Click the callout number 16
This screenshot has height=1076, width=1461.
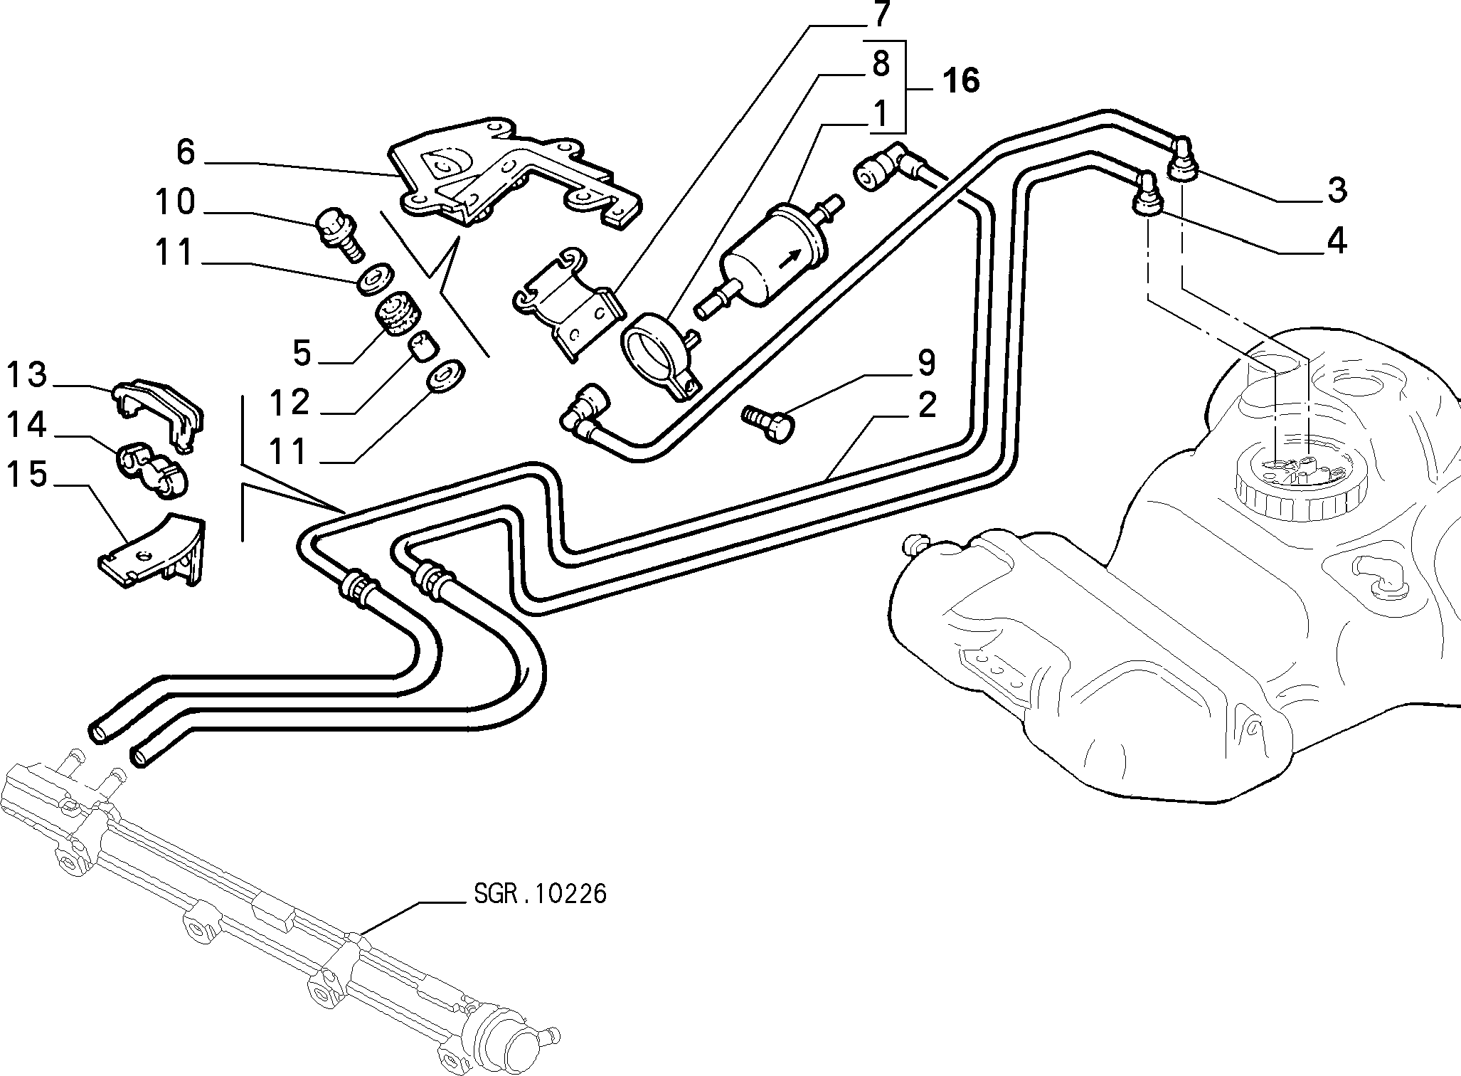(x=960, y=80)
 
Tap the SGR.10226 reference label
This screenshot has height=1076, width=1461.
(x=540, y=893)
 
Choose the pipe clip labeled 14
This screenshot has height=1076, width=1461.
(x=150, y=469)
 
